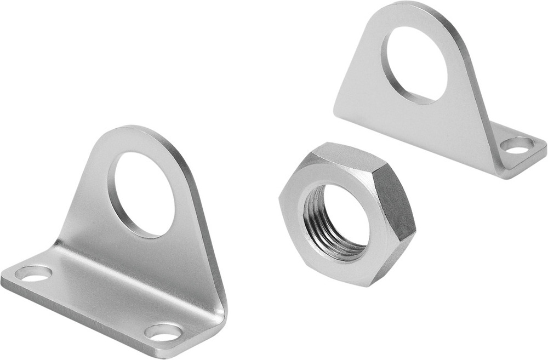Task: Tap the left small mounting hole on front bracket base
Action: click(x=33, y=273)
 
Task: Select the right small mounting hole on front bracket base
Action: click(x=163, y=332)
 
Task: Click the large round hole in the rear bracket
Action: click(x=415, y=65)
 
